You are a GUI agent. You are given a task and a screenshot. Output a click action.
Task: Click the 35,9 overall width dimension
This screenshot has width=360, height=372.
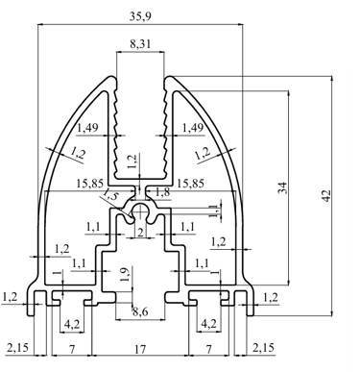[x=140, y=16]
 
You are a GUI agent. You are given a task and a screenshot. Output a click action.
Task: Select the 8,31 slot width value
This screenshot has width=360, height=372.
[x=140, y=43]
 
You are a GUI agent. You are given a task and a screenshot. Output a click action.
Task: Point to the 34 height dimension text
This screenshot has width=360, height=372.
[x=282, y=187]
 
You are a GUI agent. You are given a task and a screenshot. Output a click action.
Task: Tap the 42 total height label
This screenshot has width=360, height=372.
[x=325, y=196]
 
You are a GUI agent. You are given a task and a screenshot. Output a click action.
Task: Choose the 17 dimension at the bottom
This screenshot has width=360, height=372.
[x=140, y=348]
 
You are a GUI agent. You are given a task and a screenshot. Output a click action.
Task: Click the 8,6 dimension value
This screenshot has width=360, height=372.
[x=140, y=311]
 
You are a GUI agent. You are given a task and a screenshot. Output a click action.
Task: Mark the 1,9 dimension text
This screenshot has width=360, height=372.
[x=126, y=274]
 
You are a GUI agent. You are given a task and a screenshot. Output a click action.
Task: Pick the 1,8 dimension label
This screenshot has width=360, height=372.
[x=162, y=192]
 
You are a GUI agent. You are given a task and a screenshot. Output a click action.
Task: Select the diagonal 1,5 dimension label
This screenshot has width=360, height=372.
[x=108, y=194]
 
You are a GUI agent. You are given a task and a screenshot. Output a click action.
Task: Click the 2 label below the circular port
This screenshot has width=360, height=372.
[x=140, y=233]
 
